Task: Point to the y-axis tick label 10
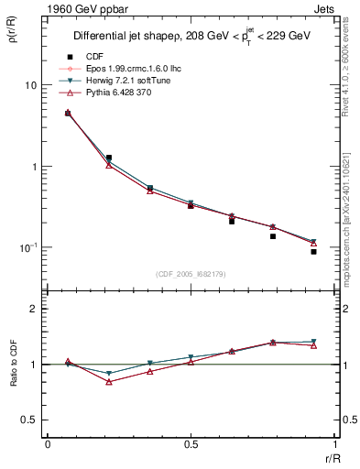point(29,85)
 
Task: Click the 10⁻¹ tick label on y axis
point(27,248)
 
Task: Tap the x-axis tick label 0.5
point(191,443)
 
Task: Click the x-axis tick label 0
point(47,443)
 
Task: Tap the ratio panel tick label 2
point(34,309)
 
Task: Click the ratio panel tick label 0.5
point(29,420)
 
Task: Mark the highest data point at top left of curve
point(68,114)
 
